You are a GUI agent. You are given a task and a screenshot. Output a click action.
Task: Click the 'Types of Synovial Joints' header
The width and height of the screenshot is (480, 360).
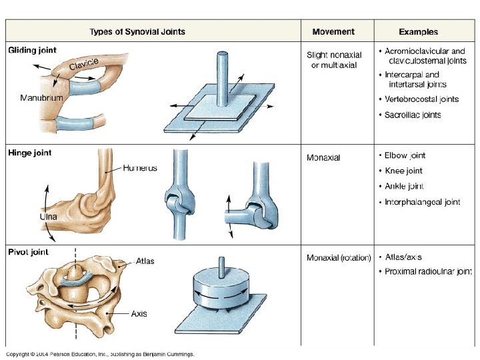pyautogui.click(x=137, y=32)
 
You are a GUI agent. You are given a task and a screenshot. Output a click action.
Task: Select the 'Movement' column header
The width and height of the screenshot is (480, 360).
pyautogui.click(x=333, y=32)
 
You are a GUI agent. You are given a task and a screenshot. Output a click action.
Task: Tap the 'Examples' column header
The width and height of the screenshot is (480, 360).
pyautogui.click(x=418, y=32)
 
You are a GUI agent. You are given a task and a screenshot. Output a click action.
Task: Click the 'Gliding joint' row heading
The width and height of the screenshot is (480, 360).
pyautogui.click(x=32, y=50)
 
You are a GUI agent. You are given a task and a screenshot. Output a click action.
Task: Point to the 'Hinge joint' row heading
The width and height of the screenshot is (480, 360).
pyautogui.click(x=29, y=153)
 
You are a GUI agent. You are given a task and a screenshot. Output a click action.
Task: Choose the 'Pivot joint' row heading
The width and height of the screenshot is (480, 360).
pyautogui.click(x=28, y=252)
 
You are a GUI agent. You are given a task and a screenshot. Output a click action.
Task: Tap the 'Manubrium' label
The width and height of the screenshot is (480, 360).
pyautogui.click(x=41, y=98)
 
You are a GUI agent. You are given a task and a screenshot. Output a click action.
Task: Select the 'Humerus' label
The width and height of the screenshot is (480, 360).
pyautogui.click(x=140, y=168)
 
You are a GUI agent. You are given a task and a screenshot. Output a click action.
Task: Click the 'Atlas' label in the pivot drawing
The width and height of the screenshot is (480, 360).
pyautogui.click(x=145, y=261)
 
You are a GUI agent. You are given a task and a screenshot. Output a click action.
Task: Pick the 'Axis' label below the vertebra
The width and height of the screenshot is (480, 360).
pyautogui.click(x=139, y=313)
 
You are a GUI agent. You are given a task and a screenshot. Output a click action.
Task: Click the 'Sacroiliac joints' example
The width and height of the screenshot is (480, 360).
pyautogui.click(x=413, y=115)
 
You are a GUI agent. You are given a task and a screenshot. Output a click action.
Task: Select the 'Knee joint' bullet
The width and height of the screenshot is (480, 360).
pyautogui.click(x=404, y=171)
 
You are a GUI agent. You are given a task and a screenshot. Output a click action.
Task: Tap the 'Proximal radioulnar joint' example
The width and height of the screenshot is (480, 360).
pyautogui.click(x=428, y=271)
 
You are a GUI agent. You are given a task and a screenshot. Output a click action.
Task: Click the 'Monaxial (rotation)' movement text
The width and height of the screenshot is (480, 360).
pyautogui.click(x=339, y=257)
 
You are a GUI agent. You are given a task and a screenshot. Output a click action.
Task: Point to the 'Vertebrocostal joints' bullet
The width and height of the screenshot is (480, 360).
pyautogui.click(x=421, y=99)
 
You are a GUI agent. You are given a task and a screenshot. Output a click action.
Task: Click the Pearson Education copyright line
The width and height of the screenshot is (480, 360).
pyautogui.click(x=100, y=354)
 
